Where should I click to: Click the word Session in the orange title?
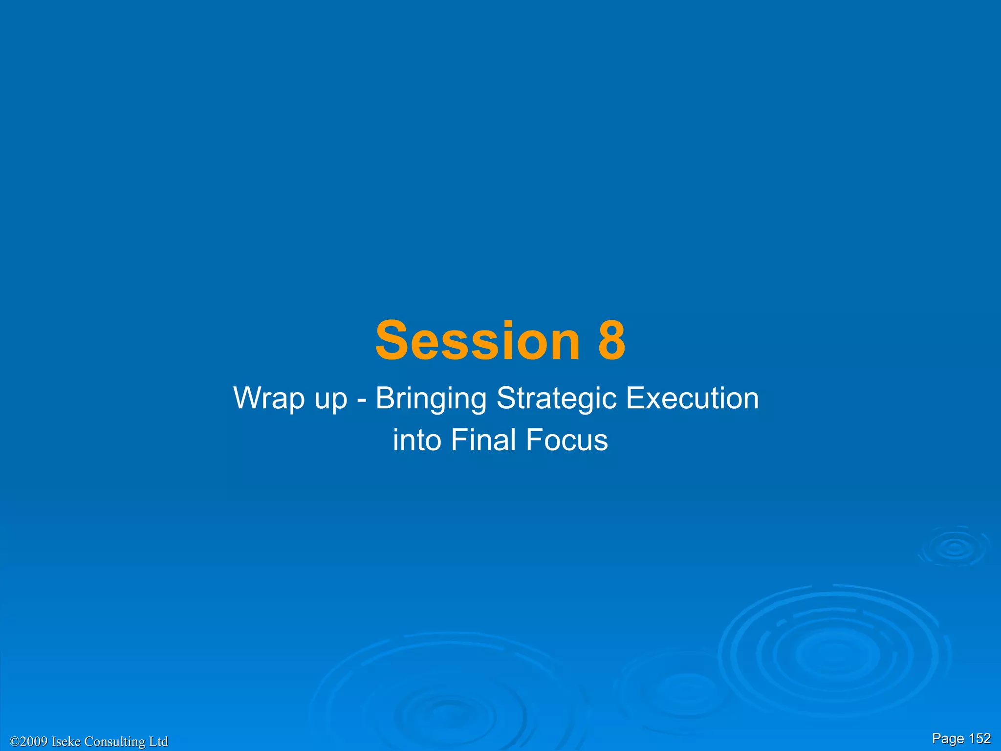coord(477,341)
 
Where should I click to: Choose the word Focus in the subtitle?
coord(567,440)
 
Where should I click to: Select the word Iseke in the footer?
coord(66,742)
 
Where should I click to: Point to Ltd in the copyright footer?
coord(158,742)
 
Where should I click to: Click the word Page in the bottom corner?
coord(948,739)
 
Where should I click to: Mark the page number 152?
coord(979,738)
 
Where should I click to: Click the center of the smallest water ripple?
coord(955,548)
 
